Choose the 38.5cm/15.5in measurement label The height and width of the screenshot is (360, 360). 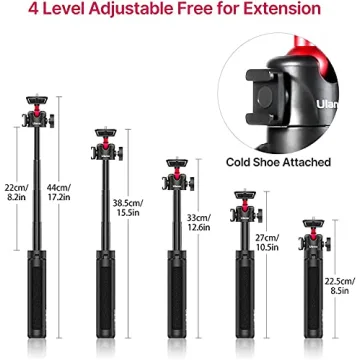127,207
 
